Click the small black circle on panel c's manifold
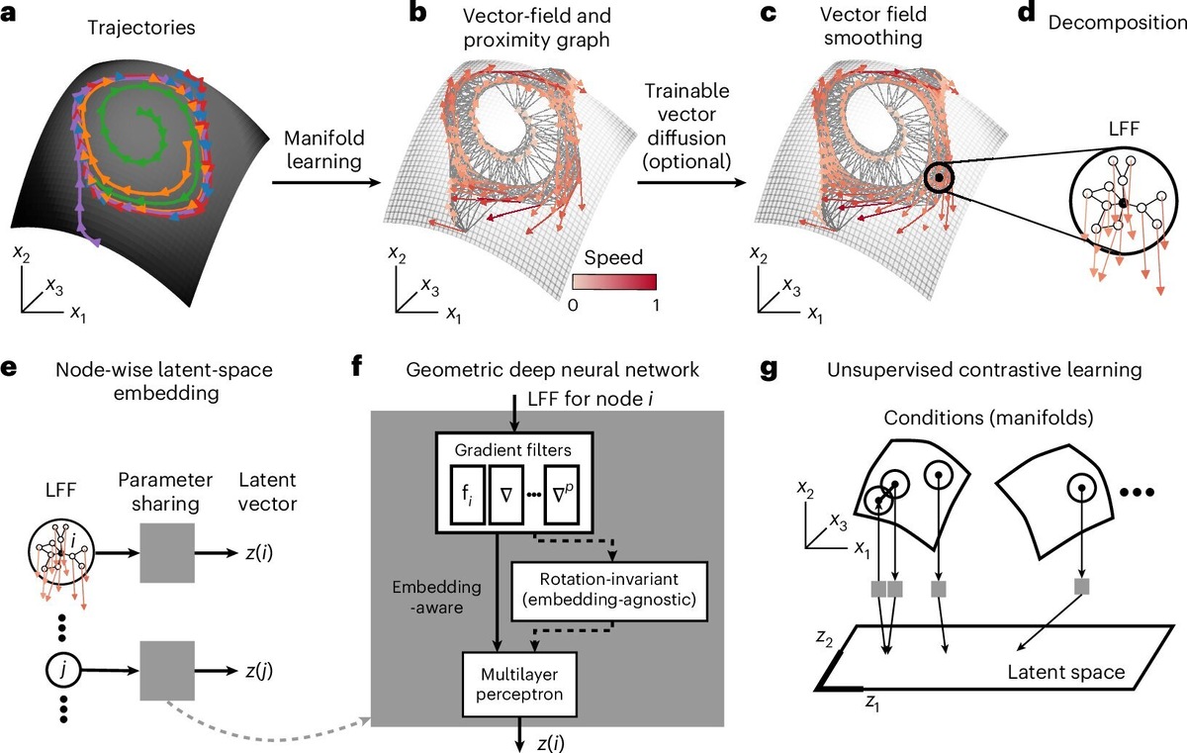click(940, 179)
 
